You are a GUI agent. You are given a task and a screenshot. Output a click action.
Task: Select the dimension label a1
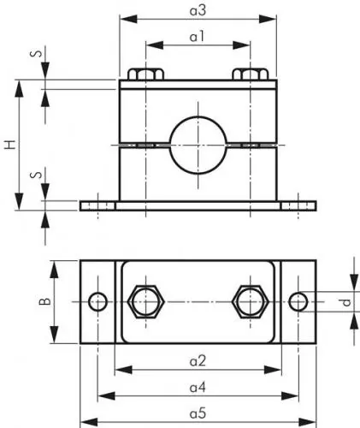pos(198,37)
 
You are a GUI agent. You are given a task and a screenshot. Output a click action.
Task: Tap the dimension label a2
pos(198,360)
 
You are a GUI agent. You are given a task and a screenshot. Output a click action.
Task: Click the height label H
pos(9,145)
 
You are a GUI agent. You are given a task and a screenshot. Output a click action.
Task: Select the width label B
pos(48,301)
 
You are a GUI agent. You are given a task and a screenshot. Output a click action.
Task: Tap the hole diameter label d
pos(345,301)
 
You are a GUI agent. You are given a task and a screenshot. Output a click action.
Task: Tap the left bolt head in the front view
pos(145,75)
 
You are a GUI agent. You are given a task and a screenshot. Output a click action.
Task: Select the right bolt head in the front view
pos(251,75)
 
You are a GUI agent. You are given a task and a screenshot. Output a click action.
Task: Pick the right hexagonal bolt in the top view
pos(251,301)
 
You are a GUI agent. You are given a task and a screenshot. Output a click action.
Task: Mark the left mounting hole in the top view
pos(98,301)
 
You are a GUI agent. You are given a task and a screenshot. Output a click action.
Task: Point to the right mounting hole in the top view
pos(298,301)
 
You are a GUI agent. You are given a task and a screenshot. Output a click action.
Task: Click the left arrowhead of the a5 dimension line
pos(85,421)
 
